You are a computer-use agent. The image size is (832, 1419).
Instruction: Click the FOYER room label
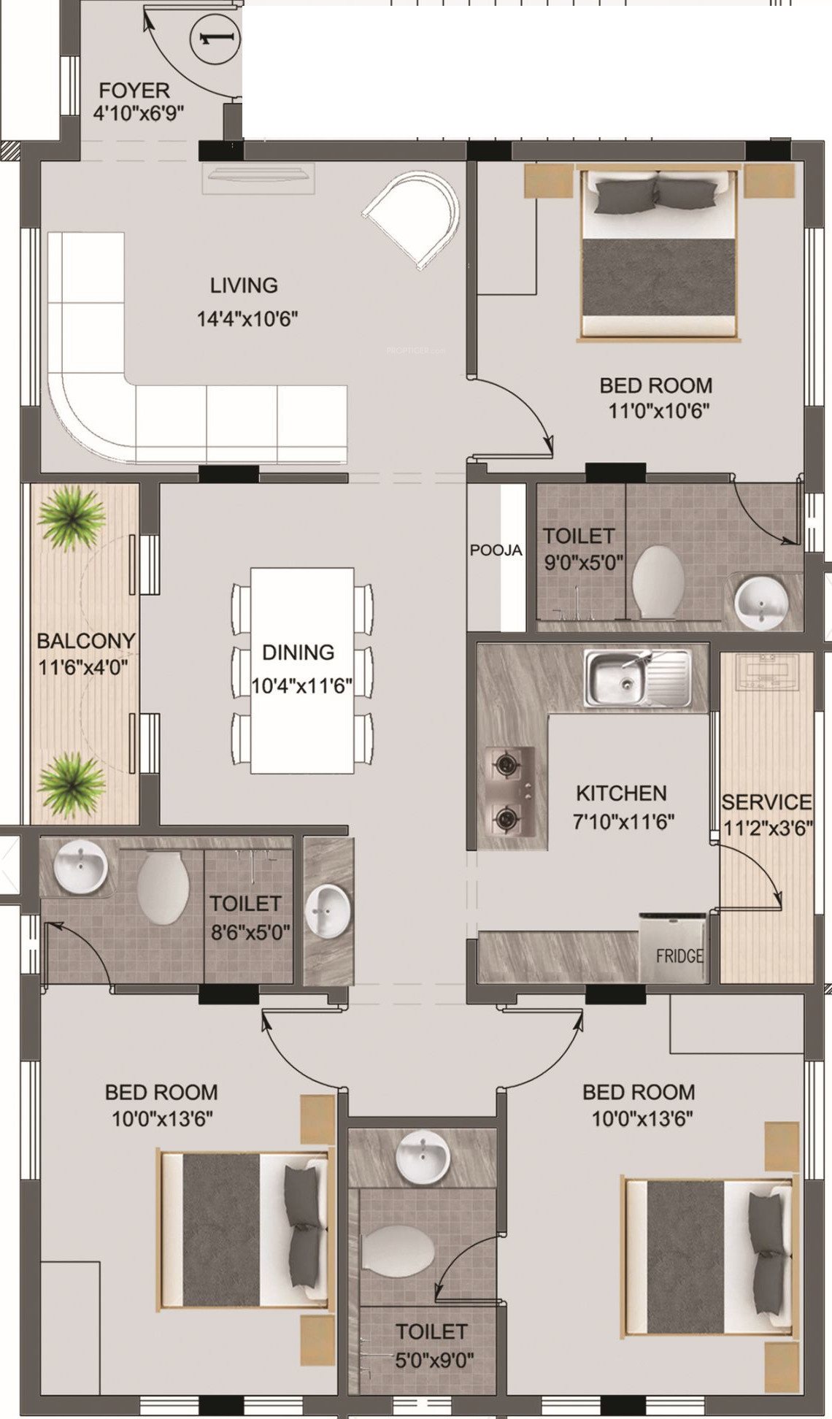point(134,91)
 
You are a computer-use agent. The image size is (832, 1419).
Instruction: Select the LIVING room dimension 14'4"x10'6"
point(247,319)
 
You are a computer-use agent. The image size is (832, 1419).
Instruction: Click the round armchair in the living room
point(412,217)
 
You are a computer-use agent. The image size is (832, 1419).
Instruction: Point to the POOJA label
point(496,550)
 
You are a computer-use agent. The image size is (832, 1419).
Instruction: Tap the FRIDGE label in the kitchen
point(679,955)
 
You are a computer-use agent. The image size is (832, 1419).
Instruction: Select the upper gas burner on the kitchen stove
point(505,765)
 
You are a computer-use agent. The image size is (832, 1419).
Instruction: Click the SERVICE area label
point(766,802)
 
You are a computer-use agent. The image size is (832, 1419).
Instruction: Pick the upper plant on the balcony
point(71,518)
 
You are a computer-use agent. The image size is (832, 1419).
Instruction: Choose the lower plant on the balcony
point(71,785)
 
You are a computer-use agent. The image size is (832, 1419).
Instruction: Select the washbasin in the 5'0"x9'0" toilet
point(423,1159)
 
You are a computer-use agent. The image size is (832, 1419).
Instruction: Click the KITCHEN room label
point(621,793)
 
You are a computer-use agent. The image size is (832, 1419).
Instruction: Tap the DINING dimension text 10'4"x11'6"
point(302,686)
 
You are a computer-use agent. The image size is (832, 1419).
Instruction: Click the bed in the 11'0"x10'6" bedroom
point(660,255)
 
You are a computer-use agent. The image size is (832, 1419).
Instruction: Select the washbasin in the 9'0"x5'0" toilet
point(761,602)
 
